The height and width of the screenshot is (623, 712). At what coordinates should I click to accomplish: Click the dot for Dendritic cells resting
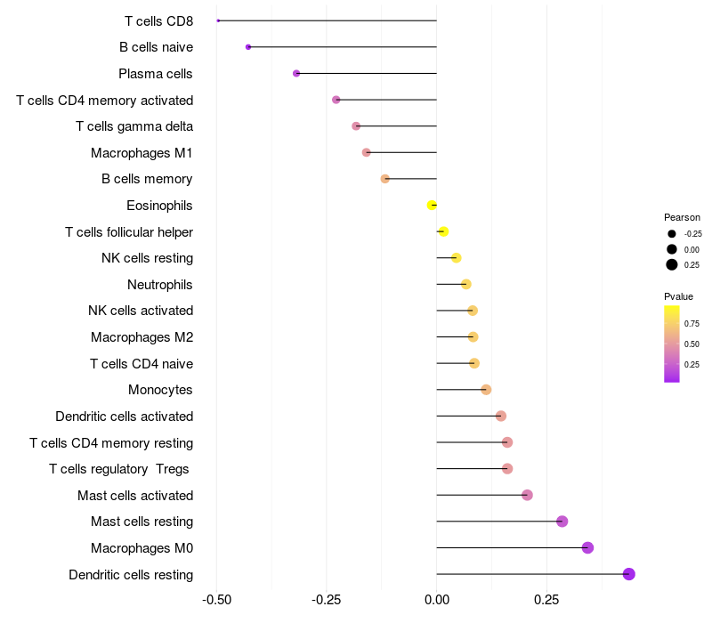(628, 574)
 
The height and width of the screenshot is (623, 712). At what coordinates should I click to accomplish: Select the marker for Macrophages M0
(587, 547)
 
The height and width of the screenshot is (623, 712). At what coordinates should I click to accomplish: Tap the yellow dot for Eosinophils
(432, 205)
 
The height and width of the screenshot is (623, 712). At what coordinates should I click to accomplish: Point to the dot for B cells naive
(248, 46)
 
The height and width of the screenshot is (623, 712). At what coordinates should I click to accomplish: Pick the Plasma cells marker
(296, 73)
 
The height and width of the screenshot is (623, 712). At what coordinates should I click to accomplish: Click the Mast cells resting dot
(562, 522)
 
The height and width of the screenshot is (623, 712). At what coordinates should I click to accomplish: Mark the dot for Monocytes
(486, 390)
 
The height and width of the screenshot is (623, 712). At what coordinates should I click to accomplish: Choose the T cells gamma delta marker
(356, 126)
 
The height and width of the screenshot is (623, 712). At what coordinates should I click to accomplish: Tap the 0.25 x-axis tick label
(546, 602)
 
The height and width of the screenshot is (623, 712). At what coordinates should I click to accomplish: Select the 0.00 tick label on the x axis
(436, 602)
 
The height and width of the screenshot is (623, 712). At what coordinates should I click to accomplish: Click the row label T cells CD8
(158, 20)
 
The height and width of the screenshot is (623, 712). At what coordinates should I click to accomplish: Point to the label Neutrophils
(160, 285)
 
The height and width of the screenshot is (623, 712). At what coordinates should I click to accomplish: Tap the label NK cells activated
(141, 311)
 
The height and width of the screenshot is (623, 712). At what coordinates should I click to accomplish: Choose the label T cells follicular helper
(129, 232)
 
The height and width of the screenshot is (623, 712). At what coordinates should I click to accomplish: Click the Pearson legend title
(682, 217)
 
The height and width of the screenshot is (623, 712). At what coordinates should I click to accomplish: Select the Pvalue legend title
(678, 296)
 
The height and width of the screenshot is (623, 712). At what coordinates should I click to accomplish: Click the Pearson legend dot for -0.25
(672, 233)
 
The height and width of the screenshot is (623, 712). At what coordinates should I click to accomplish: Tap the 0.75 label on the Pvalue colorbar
(692, 323)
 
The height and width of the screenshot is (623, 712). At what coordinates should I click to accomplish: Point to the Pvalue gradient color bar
(672, 344)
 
